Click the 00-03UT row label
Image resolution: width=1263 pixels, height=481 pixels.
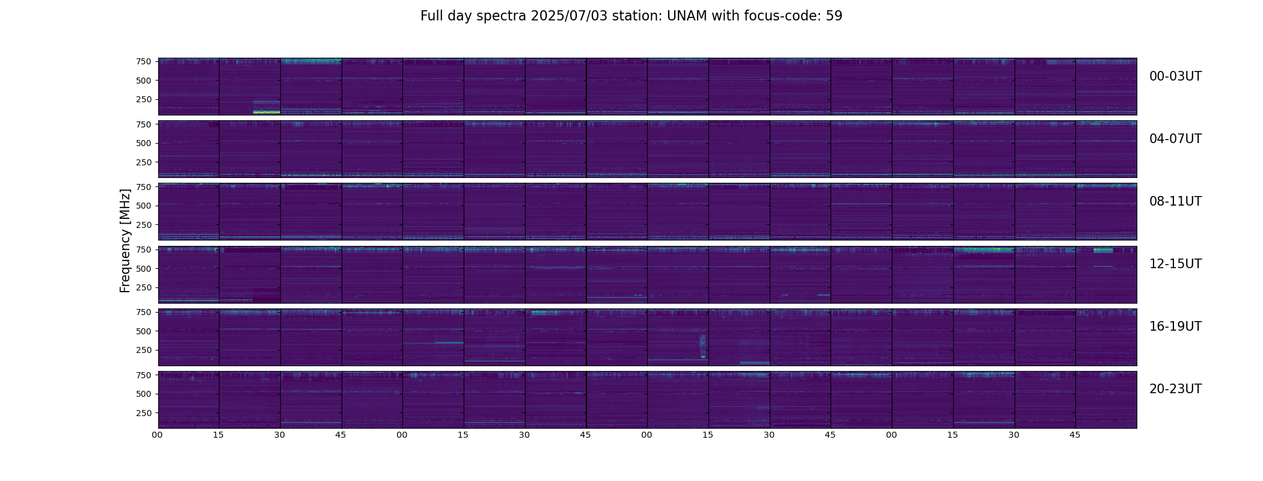point(1175,76)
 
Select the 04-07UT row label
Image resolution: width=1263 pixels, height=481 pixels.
point(1175,139)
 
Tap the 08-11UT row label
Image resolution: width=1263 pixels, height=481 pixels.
point(1175,201)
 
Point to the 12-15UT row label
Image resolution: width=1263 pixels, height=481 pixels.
point(1175,264)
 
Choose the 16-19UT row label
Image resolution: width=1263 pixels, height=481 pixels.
point(1175,326)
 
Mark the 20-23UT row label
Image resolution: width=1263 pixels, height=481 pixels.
point(1175,389)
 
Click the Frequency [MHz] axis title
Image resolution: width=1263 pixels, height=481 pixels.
point(125,240)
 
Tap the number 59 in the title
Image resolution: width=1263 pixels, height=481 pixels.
point(834,16)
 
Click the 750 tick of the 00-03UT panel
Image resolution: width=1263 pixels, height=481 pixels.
point(143,61)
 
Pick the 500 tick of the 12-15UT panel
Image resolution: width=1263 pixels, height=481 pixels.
point(143,268)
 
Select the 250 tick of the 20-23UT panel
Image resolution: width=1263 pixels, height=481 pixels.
point(143,413)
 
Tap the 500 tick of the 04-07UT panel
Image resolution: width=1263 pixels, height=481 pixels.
point(143,143)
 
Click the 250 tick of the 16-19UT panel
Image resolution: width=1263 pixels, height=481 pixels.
point(143,350)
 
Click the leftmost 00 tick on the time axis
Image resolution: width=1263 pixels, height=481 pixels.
point(158,435)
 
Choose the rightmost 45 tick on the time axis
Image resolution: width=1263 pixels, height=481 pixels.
point(1075,435)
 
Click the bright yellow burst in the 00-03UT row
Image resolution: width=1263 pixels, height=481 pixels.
point(266,112)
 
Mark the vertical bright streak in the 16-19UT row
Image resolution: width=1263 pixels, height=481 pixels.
point(702,346)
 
